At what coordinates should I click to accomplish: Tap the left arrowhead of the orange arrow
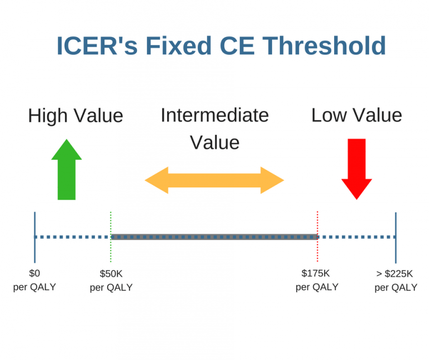(157, 180)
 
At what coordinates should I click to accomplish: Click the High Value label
(75, 116)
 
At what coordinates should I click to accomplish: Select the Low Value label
(356, 115)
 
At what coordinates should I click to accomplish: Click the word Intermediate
(214, 115)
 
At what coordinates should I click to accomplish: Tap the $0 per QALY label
(35, 281)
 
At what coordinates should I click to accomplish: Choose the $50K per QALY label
(111, 281)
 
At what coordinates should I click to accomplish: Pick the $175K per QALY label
(317, 280)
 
